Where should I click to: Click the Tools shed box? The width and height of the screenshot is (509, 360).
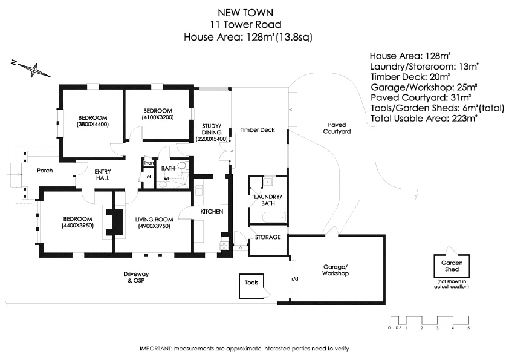(x=251, y=283)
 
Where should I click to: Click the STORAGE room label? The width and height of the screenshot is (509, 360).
(x=268, y=237)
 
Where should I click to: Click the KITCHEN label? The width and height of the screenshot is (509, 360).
(x=212, y=211)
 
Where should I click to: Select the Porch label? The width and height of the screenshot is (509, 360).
(x=45, y=171)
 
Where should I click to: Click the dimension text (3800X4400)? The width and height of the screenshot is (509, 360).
(x=92, y=125)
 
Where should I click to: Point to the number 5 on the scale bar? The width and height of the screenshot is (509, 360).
(x=468, y=327)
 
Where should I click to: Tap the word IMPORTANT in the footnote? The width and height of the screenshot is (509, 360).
(x=156, y=349)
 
